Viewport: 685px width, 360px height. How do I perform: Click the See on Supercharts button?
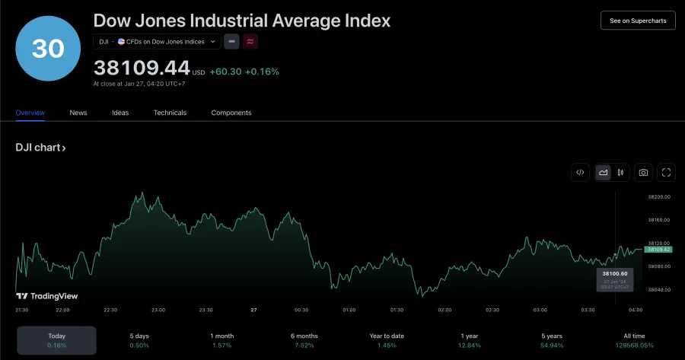coord(637,21)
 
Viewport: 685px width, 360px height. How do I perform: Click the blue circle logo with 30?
coord(48,48)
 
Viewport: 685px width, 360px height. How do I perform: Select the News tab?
coord(78,113)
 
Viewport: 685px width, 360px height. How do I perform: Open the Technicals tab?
coord(170,113)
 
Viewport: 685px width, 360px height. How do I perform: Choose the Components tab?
coord(231,113)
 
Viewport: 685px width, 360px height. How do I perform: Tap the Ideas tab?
coord(120,113)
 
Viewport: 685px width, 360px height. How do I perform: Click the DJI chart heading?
coord(40,148)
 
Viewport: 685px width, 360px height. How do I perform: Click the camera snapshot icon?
coord(643,173)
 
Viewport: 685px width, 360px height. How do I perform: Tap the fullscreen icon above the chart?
coord(666,173)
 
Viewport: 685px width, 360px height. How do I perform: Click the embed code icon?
coord(580,173)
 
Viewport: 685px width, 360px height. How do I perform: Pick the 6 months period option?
coord(303,340)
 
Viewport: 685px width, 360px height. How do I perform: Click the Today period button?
coord(56,340)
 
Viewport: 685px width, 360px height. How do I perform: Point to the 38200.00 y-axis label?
coord(659,196)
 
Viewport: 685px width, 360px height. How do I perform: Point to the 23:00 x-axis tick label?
coord(158,310)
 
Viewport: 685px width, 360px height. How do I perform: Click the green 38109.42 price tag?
coord(658,250)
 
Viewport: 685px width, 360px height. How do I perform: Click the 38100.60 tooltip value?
coord(614,273)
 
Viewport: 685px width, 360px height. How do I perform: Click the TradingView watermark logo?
coord(47,296)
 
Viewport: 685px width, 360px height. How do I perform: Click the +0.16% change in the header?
coord(262,72)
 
